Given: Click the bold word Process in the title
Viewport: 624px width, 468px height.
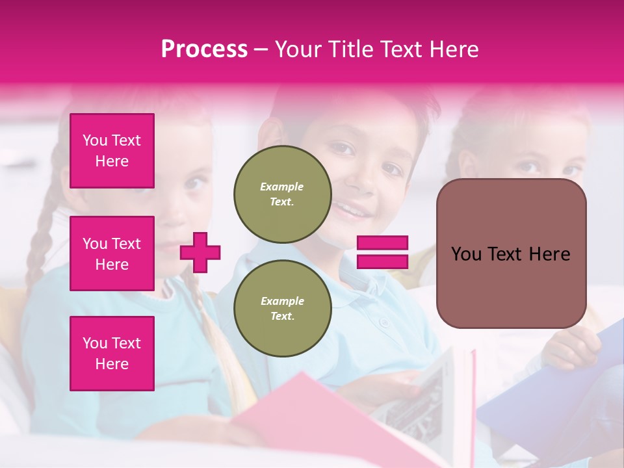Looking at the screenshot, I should (x=204, y=49).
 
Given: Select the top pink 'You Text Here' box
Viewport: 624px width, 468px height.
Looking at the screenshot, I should (x=112, y=151).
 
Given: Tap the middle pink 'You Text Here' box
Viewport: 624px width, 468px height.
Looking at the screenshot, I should (x=112, y=253).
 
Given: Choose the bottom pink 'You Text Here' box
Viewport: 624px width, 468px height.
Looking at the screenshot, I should (x=112, y=354).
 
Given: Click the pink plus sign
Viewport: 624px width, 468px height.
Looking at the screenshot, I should (x=200, y=252).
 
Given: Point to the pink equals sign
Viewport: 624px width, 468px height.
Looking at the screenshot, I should (x=382, y=252).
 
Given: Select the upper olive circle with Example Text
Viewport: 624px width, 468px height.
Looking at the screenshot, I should (x=283, y=194).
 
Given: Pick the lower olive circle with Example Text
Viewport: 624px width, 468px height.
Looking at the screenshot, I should (x=283, y=309).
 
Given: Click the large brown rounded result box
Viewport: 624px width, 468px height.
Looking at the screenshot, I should (x=511, y=253).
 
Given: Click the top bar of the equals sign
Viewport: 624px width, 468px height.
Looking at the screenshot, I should (x=382, y=243).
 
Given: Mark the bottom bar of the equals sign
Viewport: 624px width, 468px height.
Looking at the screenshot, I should (x=382, y=261).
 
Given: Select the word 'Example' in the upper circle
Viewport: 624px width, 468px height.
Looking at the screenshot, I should (x=282, y=187).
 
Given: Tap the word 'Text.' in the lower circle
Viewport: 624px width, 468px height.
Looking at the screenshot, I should (x=282, y=317).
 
